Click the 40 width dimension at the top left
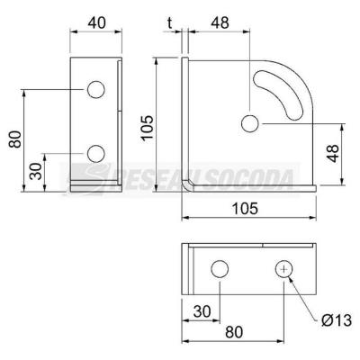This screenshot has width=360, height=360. (96, 22)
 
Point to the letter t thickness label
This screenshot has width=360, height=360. (170, 22)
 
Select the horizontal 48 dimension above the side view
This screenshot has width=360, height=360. (220, 22)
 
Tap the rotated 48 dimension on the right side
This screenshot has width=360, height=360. (333, 154)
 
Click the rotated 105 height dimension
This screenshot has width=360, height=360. (148, 128)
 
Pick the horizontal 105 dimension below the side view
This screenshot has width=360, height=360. (246, 208)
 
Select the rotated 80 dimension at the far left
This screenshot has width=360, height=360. (15, 139)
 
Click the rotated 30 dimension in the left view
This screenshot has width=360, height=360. (36, 171)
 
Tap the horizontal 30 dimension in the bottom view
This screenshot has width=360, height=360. (202, 311)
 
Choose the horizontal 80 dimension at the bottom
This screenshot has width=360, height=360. (234, 332)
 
